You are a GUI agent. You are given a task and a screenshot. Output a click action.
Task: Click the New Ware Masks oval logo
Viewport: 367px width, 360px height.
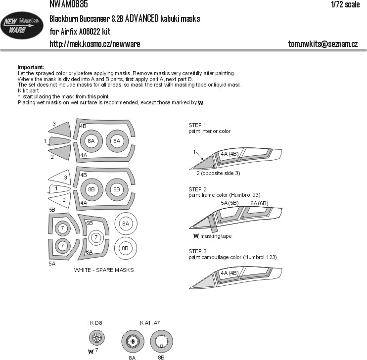[22, 25]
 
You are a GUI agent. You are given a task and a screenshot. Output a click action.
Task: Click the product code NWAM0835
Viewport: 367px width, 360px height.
[69, 4]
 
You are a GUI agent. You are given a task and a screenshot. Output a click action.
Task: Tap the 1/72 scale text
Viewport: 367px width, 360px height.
[345, 4]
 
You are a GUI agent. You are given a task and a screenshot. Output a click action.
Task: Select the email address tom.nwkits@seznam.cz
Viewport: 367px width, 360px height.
[323, 44]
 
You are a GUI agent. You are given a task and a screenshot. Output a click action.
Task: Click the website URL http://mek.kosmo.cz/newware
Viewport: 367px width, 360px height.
[95, 44]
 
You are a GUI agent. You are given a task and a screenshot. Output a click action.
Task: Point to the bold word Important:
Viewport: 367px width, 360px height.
[31, 67]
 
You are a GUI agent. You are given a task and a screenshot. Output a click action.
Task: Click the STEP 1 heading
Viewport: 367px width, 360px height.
[197, 125]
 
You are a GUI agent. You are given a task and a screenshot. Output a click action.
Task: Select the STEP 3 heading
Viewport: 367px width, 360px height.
[197, 251]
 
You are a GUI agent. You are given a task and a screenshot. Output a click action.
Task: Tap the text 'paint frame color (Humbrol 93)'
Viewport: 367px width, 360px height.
[224, 195]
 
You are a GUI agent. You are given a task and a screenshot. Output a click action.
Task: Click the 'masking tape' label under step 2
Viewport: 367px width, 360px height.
[216, 236]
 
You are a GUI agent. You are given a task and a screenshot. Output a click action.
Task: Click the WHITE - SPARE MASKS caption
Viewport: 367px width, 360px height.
[104, 270]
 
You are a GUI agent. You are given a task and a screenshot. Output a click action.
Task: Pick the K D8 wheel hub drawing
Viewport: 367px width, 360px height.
[96, 338]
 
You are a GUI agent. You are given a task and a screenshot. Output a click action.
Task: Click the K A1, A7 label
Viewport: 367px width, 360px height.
[150, 323]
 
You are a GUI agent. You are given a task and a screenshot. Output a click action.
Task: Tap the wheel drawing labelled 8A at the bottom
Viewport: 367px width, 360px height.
[133, 342]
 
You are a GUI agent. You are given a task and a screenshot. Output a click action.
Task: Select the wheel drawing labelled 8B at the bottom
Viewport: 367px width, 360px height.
[162, 342]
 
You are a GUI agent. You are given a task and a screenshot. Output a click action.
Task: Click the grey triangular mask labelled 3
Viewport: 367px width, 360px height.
[61, 129]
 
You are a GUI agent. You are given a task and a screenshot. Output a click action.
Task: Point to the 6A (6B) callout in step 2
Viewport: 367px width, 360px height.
[259, 203]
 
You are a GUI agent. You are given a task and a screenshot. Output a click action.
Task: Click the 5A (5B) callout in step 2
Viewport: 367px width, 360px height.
[229, 203]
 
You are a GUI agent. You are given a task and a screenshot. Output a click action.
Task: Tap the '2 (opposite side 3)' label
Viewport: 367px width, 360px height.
[218, 173]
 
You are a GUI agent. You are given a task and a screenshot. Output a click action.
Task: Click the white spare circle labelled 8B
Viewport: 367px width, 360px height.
[126, 248]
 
